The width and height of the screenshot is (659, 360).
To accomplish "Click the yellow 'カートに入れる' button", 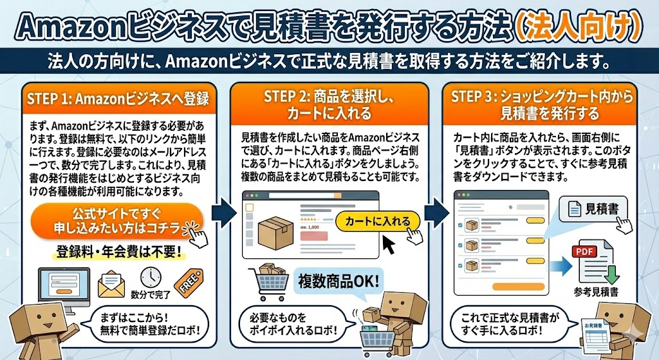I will pyautogui.click(x=377, y=222).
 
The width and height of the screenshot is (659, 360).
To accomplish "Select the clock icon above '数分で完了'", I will pyautogui.click(x=150, y=276).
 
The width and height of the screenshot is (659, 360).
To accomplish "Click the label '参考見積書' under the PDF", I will pyautogui.click(x=596, y=292).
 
